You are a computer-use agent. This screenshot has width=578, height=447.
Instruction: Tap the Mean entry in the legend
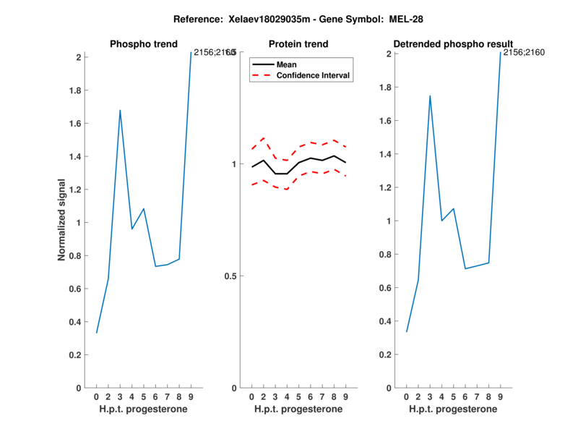[x=286, y=64]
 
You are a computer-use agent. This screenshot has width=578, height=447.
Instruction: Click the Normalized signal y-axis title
[x=62, y=220]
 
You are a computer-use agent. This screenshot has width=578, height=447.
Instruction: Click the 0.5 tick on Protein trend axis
[x=231, y=276]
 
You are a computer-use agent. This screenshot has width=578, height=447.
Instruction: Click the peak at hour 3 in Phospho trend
[x=120, y=110]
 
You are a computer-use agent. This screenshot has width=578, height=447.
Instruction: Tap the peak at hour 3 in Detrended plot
[x=430, y=95]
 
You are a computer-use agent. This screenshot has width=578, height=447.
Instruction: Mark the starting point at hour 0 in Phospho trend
[x=96, y=333]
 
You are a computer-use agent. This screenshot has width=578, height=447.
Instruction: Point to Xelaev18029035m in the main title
[x=263, y=17]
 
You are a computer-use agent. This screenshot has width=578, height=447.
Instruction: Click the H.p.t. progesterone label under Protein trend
[x=298, y=409]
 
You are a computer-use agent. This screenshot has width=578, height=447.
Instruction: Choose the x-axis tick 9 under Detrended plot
[x=501, y=397]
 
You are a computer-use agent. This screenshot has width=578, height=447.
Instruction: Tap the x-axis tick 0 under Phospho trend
[x=96, y=397]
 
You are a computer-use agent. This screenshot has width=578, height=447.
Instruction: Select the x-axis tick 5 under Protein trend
[x=298, y=397]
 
